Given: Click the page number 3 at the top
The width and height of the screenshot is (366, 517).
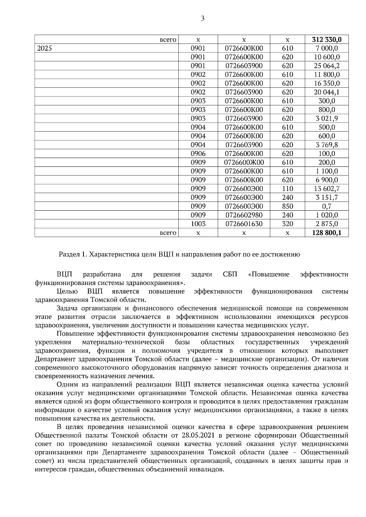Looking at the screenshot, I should coord(203,19).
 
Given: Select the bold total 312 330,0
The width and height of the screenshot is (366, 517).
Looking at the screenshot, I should coord(327,40).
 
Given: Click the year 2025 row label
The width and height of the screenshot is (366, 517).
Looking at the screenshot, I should coord(45,48).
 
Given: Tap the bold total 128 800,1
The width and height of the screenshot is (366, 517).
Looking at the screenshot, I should coord(327,233).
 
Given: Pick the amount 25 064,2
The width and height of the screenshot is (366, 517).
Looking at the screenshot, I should coord(327,66).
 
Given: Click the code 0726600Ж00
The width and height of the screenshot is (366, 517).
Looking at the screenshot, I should coord(244,163).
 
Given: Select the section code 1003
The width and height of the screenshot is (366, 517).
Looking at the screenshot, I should coord(198,224).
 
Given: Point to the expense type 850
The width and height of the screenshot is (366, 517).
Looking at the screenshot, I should coord(287,206).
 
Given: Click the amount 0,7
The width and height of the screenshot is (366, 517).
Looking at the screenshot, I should coord(327,206).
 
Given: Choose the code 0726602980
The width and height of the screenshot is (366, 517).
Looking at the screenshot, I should coord(244,215).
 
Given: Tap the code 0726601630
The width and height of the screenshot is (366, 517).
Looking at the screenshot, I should coord(244,224).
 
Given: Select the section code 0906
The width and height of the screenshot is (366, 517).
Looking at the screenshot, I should coord(198,154).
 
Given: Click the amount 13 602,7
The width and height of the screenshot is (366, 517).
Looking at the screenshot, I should coord(327,189).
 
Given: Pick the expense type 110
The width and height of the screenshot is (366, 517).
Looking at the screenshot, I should coord(287,189).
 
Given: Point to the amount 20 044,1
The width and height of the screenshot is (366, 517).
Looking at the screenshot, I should coord(327,92).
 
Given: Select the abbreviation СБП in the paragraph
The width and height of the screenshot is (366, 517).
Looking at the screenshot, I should coord(230,274).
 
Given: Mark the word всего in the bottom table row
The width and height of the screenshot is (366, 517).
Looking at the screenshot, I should coord(168,233).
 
